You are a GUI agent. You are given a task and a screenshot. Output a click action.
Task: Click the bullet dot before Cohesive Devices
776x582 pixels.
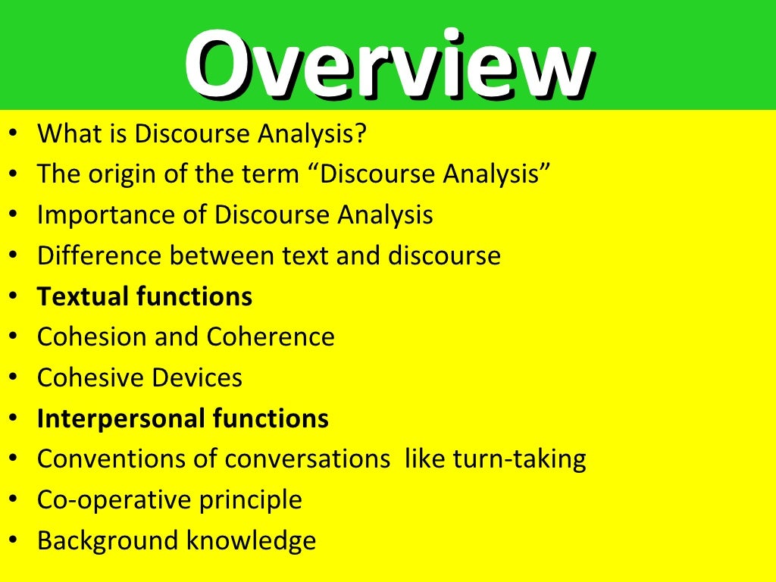(16, 378)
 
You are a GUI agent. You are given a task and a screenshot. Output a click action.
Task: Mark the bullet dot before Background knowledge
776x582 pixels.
(16, 542)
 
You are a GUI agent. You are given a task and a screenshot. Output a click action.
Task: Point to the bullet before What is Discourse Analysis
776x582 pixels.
(16, 134)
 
